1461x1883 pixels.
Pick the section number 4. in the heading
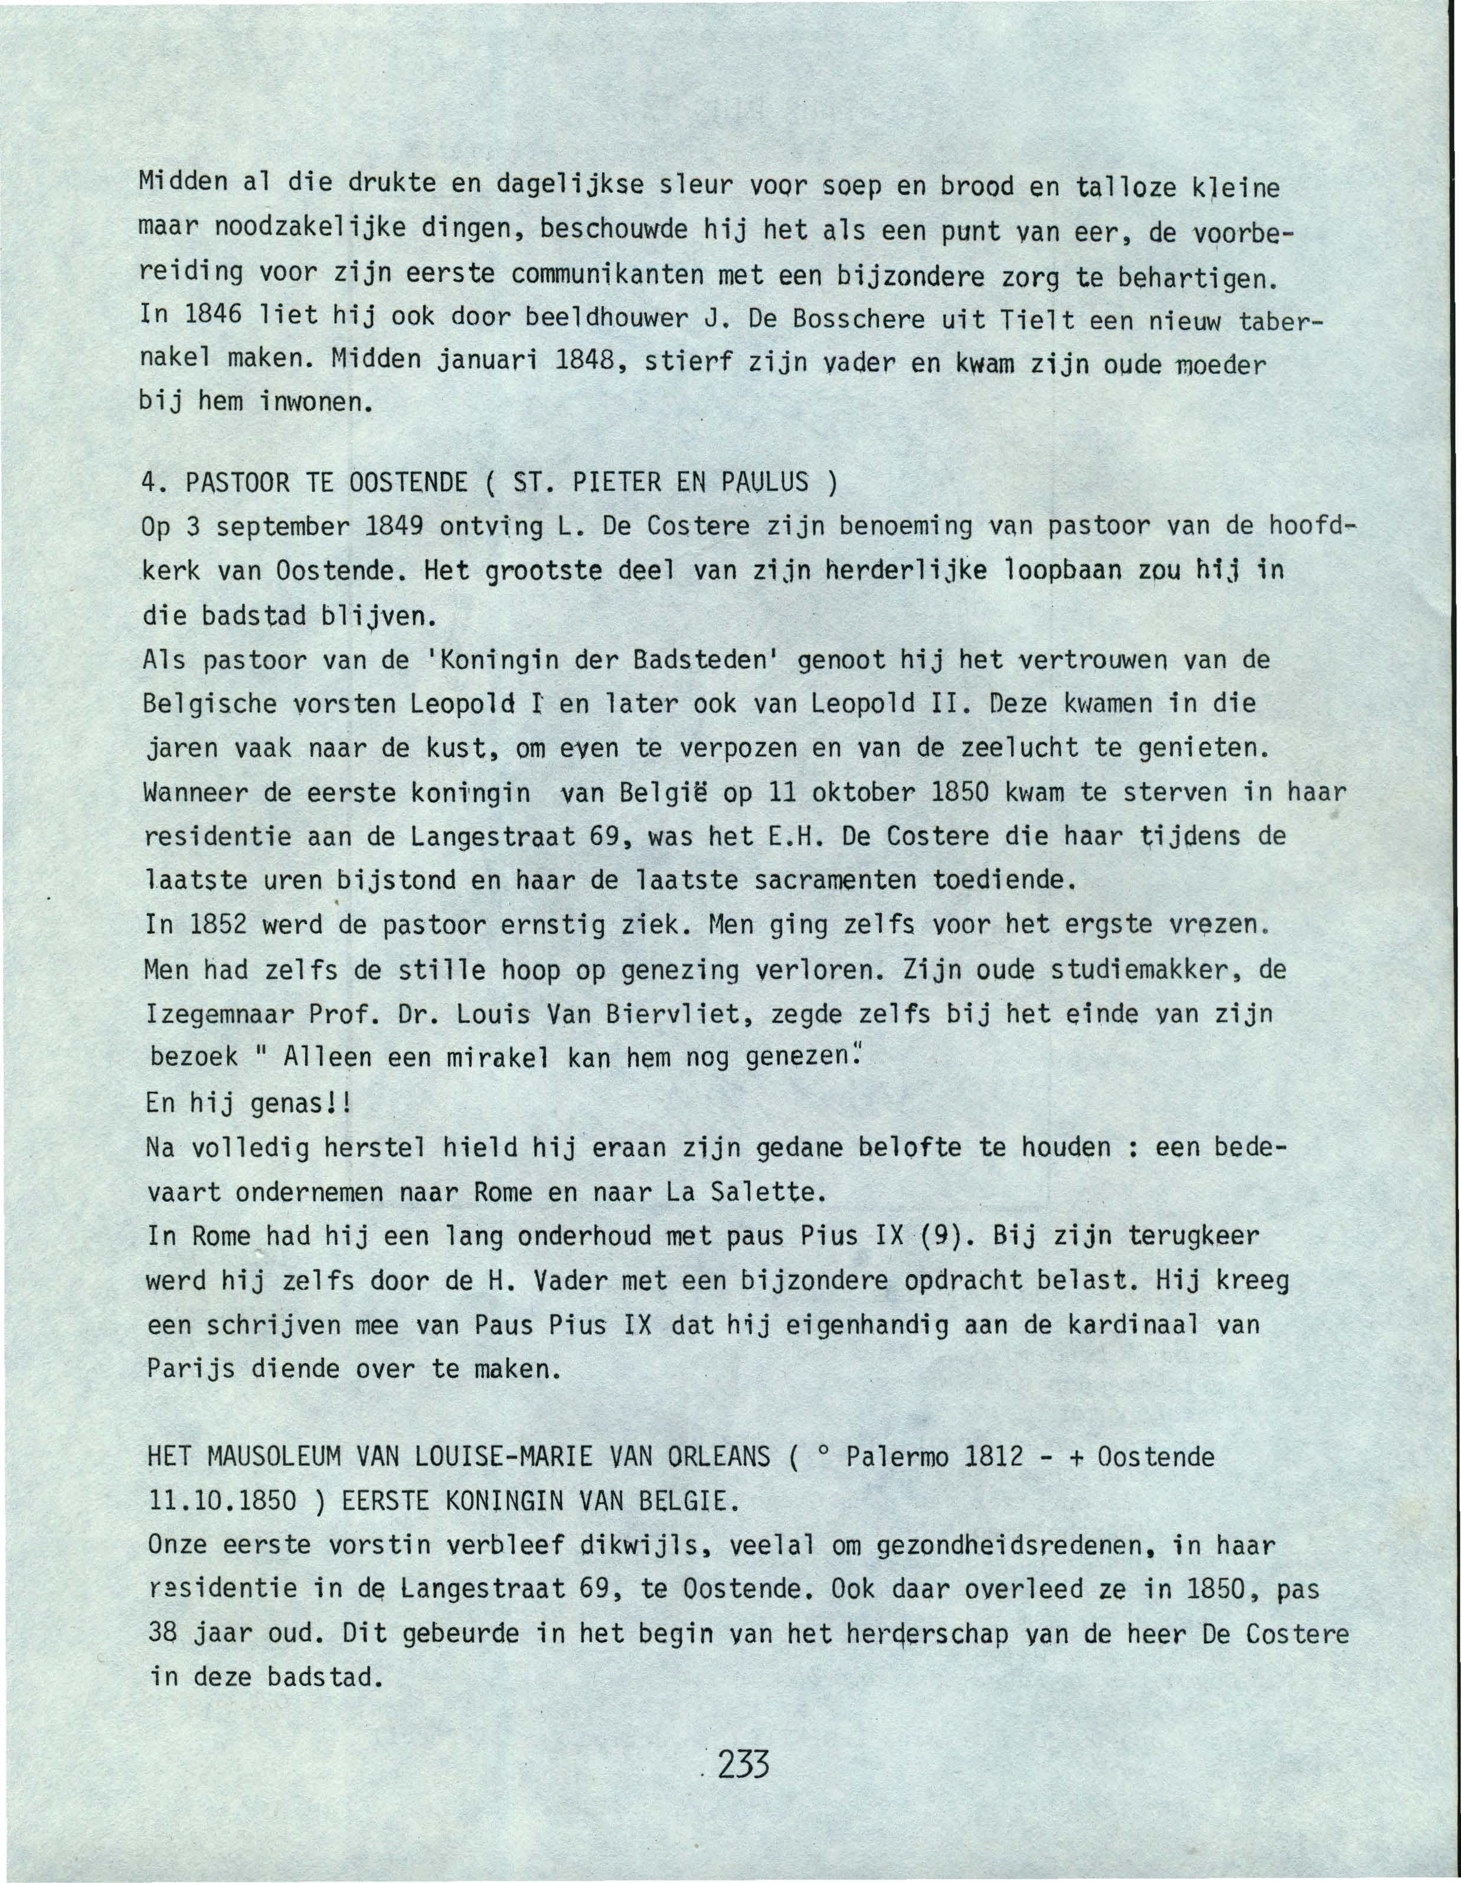point(153,482)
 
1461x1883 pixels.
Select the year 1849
point(393,526)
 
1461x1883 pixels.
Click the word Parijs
point(191,1369)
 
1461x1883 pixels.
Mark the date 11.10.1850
point(223,1502)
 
